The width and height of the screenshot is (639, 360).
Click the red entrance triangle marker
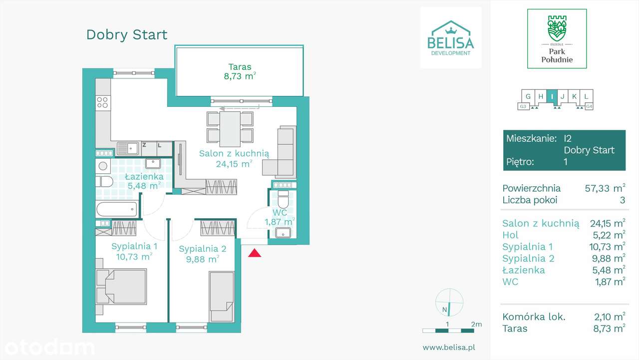[x=255, y=253]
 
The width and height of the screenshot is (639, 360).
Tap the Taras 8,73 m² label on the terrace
[x=240, y=71]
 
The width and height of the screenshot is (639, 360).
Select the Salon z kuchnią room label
[x=234, y=158]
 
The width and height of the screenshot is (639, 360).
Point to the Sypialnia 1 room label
[x=134, y=251]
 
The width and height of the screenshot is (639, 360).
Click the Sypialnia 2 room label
[x=202, y=254]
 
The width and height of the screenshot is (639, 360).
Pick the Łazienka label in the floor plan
[x=143, y=181]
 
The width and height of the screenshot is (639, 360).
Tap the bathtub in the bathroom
[x=116, y=209]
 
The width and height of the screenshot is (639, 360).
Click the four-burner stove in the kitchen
[x=103, y=102]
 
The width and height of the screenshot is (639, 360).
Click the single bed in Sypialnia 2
[x=222, y=297]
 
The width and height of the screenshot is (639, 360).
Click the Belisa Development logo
[x=451, y=38]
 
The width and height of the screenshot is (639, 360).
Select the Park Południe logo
[x=557, y=39]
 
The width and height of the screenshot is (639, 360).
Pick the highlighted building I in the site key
[x=552, y=96]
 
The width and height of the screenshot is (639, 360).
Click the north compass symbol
[x=449, y=303]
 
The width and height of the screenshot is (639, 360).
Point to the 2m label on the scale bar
[x=476, y=324]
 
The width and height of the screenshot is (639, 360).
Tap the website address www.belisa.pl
[x=448, y=347]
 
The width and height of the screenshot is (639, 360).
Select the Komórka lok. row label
[x=534, y=317]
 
